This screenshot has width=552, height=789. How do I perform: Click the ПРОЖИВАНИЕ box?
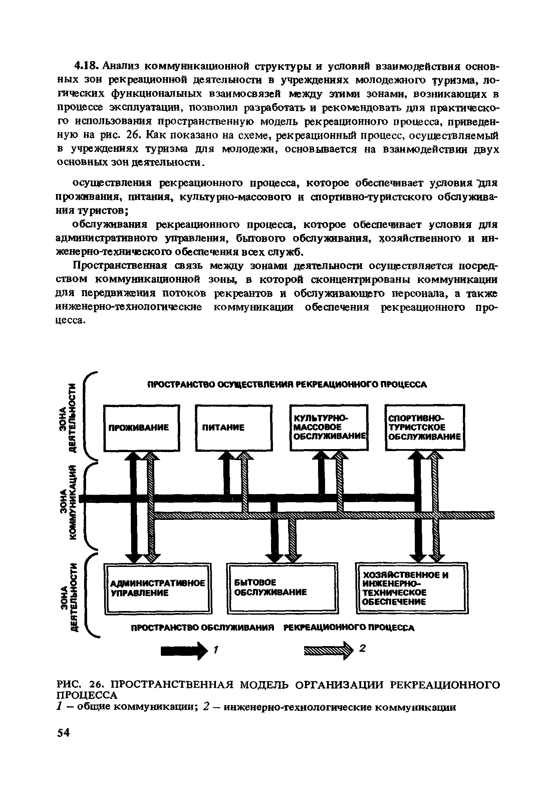click(142, 428)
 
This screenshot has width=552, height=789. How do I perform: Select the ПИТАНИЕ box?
click(234, 428)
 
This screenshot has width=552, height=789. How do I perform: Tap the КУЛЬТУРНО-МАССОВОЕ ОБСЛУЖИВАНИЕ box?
click(329, 427)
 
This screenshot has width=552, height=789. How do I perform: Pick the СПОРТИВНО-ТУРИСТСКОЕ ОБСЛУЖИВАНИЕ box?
click(425, 427)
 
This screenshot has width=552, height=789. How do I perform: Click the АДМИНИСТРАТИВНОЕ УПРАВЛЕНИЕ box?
click(158, 588)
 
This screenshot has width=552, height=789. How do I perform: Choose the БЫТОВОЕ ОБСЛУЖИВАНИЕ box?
click(282, 588)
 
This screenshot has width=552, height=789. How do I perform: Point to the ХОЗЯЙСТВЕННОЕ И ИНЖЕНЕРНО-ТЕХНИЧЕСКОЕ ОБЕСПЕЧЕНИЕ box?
click(412, 588)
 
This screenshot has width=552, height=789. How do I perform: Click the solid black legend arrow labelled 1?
click(185, 650)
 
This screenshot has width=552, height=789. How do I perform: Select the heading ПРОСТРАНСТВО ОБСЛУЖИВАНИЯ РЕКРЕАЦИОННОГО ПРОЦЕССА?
click(273, 628)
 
